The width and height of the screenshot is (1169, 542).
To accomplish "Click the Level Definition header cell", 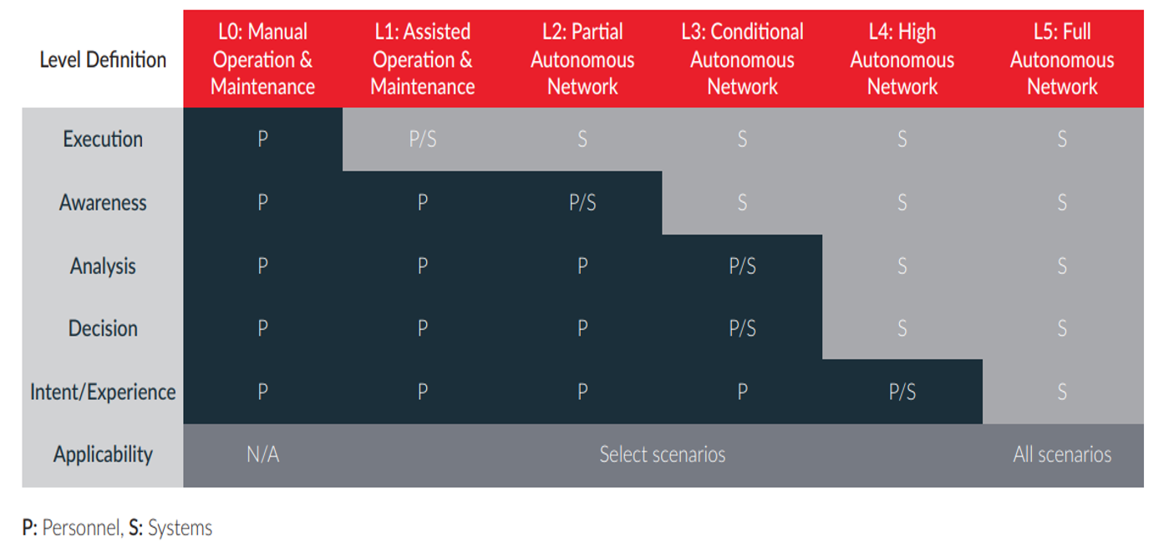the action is coord(103,60).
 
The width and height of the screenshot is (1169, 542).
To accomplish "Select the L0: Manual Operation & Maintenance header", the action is coord(262,59).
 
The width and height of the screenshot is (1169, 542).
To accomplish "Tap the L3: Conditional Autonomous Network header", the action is coord(742,59).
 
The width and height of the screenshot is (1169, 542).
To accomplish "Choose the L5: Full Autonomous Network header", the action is coord(1062,59).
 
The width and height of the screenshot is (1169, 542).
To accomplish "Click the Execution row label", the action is coord(103,139).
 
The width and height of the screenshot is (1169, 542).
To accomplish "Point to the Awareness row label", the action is coord(103,202).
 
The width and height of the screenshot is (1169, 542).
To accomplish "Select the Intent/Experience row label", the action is coord(103,392).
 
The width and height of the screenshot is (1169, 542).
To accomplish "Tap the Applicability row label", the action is coord(103,454).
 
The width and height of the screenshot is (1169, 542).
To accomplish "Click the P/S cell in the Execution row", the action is coord(423,139).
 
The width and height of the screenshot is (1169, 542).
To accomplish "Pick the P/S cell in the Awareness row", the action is coord(582,202).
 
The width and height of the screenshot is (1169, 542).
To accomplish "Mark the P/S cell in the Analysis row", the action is coord(742,266).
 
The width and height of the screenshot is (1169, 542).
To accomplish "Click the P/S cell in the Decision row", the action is coord(742,329).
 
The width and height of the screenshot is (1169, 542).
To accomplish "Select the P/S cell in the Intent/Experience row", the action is coord(902,392).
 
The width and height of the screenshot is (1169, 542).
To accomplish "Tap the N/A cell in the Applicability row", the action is coord(263,454).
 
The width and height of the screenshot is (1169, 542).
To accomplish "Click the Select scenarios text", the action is coord(663,454).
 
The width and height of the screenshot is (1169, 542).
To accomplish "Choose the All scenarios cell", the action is coord(1062,454).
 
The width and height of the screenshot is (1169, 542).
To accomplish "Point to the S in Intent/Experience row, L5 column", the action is coord(1062,392).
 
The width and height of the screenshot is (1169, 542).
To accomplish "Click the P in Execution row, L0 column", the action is coord(263,139).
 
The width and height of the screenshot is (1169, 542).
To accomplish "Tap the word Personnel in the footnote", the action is coord(83,528).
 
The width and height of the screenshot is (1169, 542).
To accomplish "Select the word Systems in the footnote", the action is coord(180,528).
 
